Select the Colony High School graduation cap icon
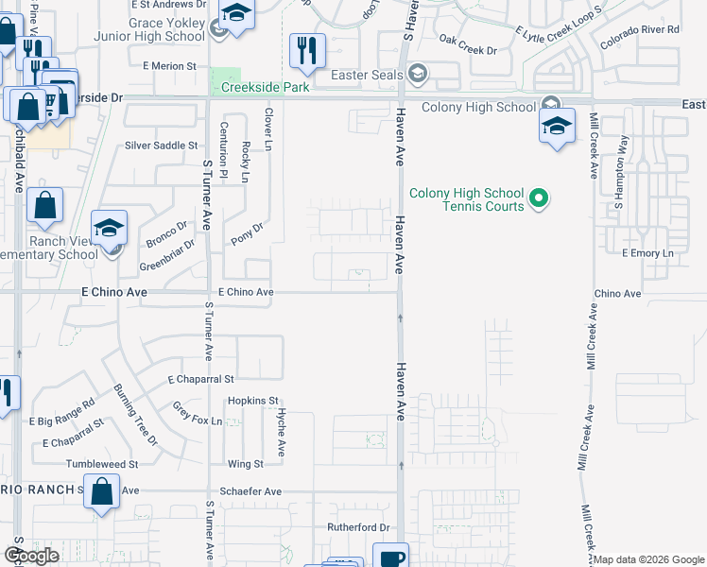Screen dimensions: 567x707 (558, 127)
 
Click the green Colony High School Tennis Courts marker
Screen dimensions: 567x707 (539, 198)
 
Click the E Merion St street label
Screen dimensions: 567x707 (169, 66)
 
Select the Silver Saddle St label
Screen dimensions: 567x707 (162, 146)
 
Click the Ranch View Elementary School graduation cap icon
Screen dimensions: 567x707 (110, 228)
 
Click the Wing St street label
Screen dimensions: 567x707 (245, 464)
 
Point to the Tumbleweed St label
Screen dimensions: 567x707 (102, 464)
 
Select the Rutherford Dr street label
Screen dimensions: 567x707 (358, 526)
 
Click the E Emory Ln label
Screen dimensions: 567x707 (647, 253)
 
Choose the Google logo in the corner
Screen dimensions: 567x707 (31, 556)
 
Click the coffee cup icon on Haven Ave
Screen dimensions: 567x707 (390, 557)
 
